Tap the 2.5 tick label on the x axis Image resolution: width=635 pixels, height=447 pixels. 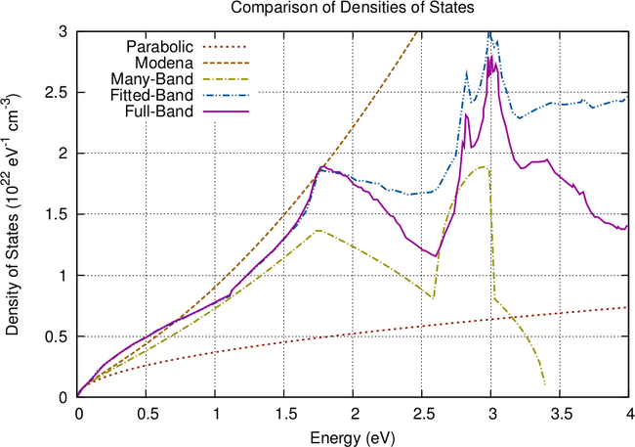tap(422, 413)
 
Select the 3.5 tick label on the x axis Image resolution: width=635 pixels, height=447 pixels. tap(561, 413)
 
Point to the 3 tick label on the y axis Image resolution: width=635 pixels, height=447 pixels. tap(63, 31)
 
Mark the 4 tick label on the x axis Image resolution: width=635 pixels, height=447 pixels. tap(629, 413)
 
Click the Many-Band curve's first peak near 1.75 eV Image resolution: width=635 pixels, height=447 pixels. tap(318, 231)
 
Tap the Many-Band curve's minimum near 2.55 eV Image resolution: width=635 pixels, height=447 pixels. tap(433, 297)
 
